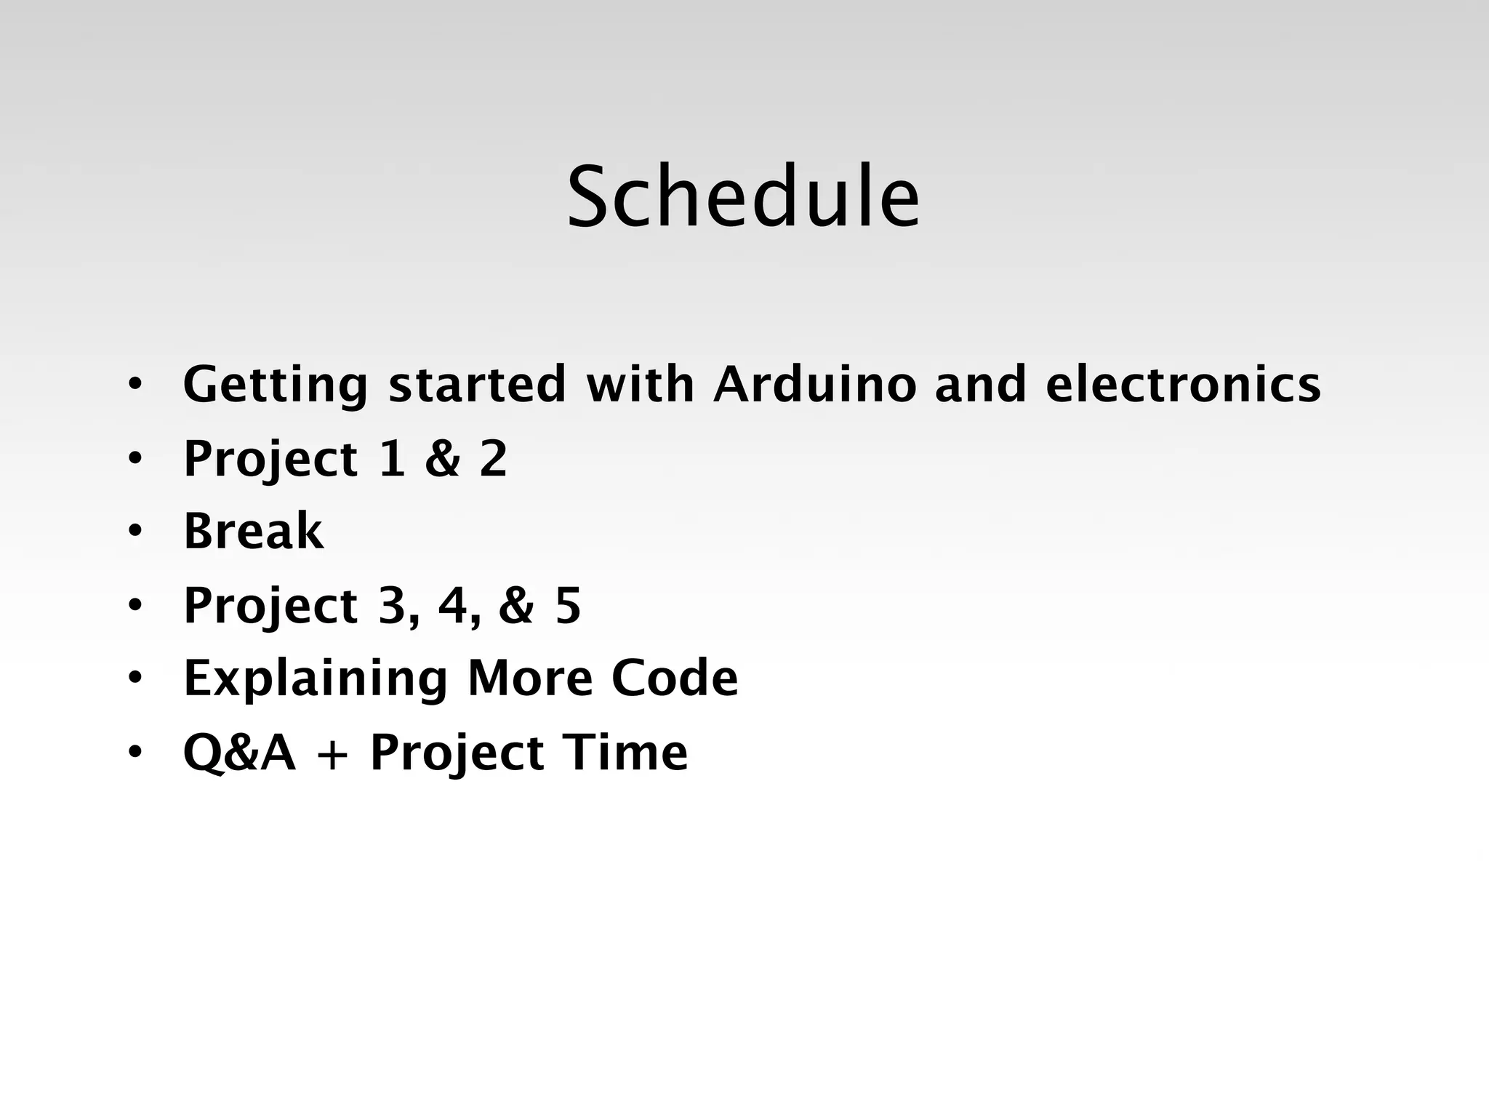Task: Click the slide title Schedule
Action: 743,197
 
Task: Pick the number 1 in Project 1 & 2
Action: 392,459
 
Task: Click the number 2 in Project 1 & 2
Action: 493,459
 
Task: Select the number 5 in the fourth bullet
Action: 568,606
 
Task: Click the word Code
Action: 675,678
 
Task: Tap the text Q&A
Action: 240,752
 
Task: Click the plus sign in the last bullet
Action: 334,755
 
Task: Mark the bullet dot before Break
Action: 135,532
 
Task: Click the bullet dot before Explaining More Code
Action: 135,679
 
